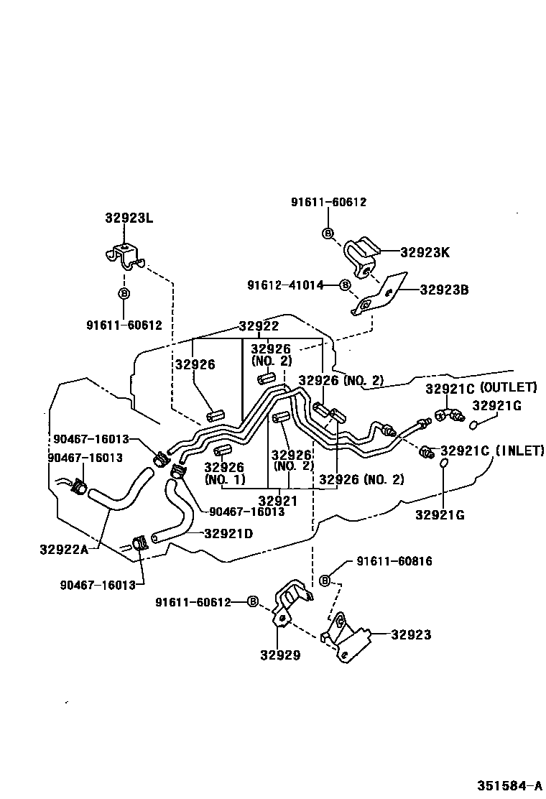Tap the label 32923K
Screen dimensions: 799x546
pos(425,252)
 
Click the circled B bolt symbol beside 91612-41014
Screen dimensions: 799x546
pos(345,285)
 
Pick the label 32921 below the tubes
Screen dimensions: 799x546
pos(278,500)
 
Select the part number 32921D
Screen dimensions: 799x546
pos(228,533)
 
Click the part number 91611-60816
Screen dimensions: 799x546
pos(394,561)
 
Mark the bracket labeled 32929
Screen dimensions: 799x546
pos(291,604)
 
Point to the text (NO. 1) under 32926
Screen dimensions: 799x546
pos(225,479)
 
